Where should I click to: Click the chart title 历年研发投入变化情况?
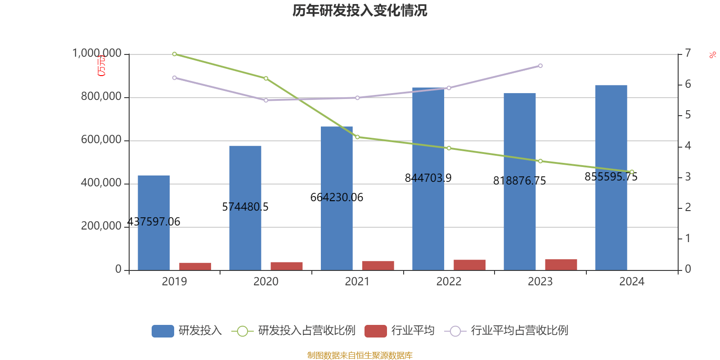360,10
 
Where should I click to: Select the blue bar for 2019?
153,202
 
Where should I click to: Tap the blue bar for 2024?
611,135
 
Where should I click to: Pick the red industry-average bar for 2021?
378,265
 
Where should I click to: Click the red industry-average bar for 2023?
561,265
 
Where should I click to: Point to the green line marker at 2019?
175,54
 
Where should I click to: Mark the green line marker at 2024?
632,172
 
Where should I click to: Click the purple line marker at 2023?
540,66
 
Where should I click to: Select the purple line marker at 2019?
175,78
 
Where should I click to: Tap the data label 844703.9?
428,178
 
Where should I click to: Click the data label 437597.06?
153,222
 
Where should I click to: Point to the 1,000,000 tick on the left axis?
97,54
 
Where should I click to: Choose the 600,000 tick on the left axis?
101,140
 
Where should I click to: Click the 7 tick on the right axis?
688,53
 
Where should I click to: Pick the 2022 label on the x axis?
449,282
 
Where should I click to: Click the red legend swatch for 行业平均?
375,331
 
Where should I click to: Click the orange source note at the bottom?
360,355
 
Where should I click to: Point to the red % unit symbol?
712,55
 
